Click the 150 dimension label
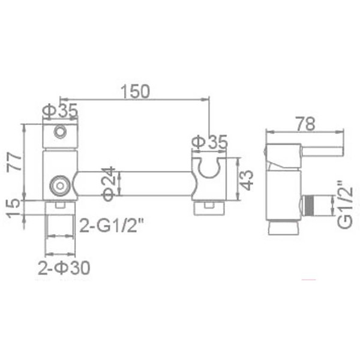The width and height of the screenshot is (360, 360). click(x=135, y=91)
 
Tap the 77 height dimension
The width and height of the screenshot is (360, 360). click(x=14, y=162)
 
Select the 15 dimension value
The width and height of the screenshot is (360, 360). click(x=13, y=209)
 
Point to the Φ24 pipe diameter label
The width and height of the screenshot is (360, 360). click(x=108, y=184)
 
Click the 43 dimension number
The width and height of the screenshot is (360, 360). click(x=247, y=181)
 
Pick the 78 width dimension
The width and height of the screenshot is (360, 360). click(x=305, y=124)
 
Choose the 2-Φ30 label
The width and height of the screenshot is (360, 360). click(x=64, y=268)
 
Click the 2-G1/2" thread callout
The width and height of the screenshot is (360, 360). click(x=112, y=225)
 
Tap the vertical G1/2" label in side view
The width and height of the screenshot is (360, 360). click(x=346, y=205)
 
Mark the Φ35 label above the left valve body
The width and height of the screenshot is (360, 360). click(x=60, y=110)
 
